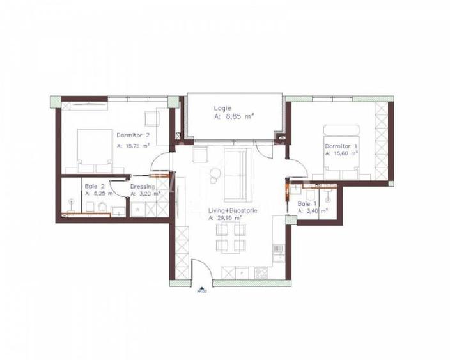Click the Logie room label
(x=223, y=109)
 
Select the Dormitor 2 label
(x=133, y=135)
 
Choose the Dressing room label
(x=142, y=186)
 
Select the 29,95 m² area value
(x=228, y=217)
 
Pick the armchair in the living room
(x=200, y=154)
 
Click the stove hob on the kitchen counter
(x=261, y=273)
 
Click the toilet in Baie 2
(x=103, y=206)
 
